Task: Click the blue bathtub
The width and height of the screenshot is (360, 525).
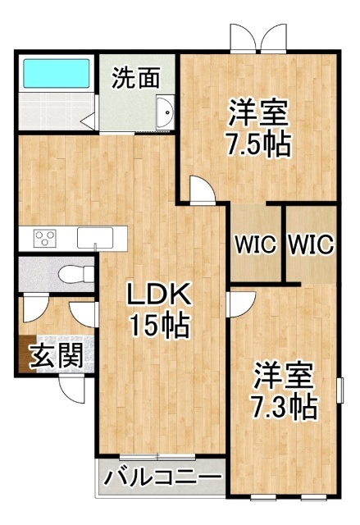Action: point(56,74)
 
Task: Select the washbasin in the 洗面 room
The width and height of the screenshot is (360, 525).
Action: point(165,112)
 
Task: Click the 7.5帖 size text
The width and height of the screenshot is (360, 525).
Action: point(258,145)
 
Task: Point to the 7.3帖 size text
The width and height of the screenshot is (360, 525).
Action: point(284,405)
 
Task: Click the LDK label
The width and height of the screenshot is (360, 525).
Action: point(157,294)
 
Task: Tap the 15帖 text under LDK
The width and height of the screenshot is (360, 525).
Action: point(157,326)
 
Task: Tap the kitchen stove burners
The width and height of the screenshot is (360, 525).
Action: point(44,238)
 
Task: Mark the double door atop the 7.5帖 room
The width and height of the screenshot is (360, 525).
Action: point(259,38)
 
